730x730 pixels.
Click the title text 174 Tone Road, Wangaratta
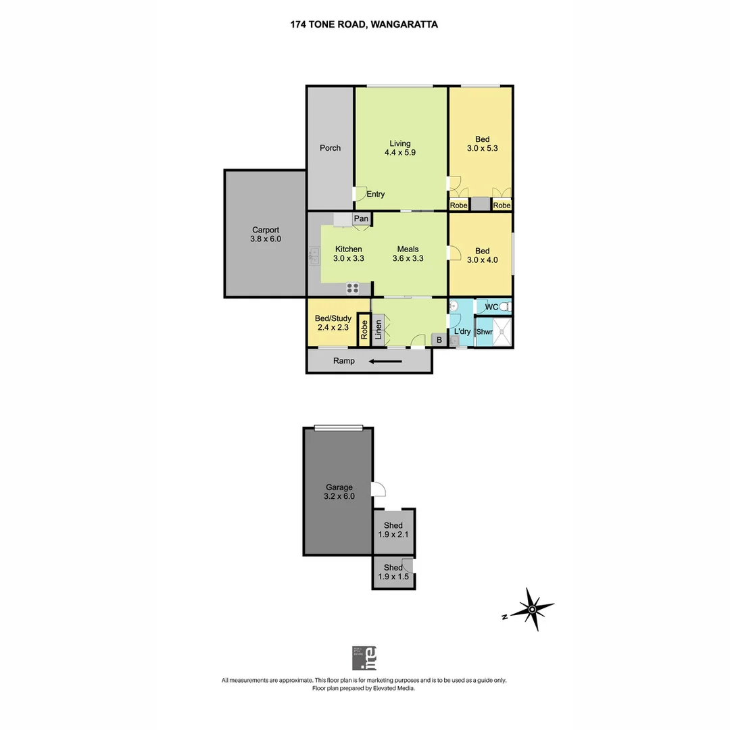[364, 24]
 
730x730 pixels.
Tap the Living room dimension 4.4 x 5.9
[400, 153]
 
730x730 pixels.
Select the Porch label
[330, 148]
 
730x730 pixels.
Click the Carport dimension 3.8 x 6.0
[266, 239]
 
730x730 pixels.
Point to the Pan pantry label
[362, 218]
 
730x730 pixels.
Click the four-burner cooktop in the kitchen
[353, 288]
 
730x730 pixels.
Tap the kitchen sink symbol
[314, 255]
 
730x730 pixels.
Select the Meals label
[408, 249]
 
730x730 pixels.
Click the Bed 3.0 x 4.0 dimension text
[482, 260]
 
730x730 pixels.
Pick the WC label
[491, 307]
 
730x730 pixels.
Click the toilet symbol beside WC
[505, 307]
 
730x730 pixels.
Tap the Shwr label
[484, 332]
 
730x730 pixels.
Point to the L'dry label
[462, 332]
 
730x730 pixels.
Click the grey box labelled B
[439, 340]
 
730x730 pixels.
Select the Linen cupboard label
[378, 331]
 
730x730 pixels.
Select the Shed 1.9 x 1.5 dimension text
[393, 577]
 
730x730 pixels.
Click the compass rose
[532, 610]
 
